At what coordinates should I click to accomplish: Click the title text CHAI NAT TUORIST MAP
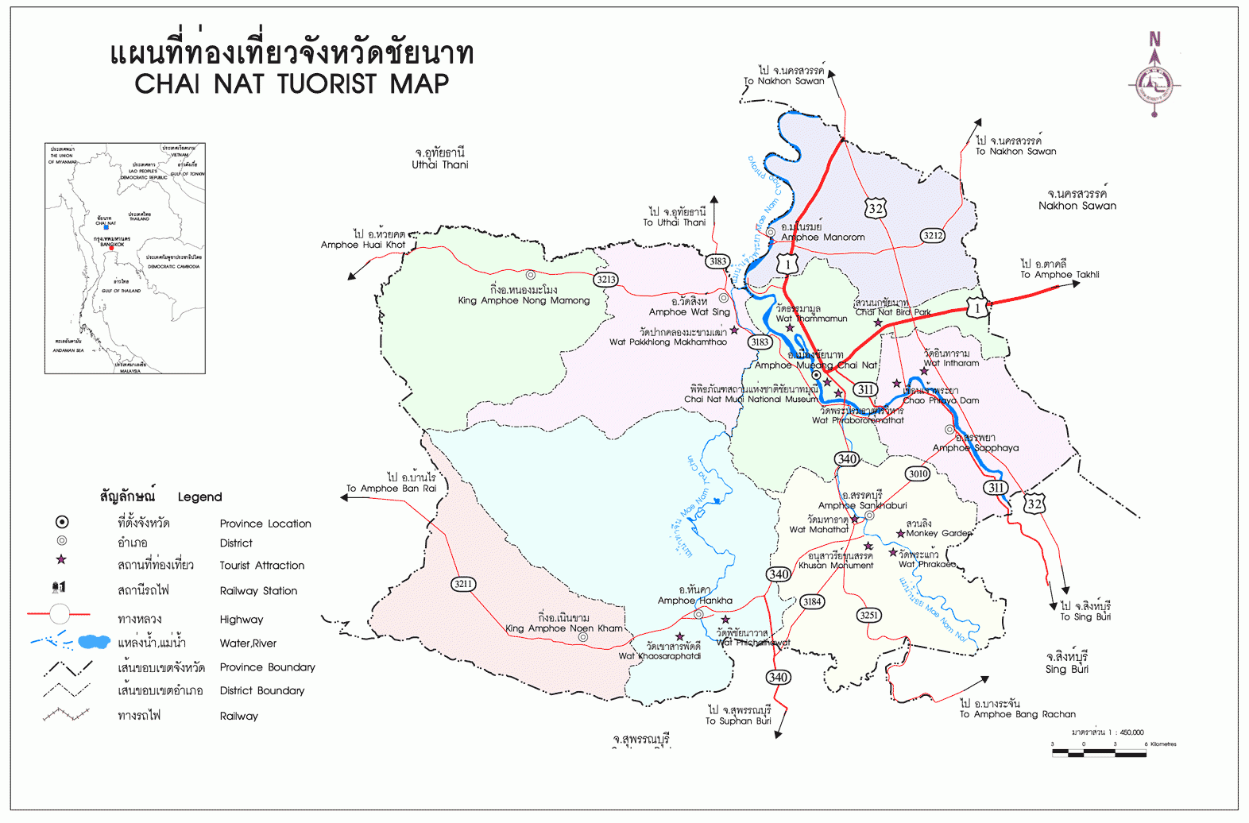coord(292,83)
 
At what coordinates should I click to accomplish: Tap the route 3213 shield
coord(606,279)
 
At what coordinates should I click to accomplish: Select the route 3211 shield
coord(463,584)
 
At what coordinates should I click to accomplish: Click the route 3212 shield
coord(933,235)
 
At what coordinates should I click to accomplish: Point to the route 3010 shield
coord(918,473)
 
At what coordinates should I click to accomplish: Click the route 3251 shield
coord(869,615)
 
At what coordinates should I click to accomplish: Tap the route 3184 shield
coord(811,601)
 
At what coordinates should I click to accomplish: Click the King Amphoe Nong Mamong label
coord(524,300)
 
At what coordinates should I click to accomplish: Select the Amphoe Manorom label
coord(822,237)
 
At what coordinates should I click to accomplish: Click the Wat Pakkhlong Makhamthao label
coord(667,342)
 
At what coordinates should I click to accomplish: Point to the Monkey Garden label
coord(938,533)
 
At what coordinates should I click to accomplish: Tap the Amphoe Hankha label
coord(694,601)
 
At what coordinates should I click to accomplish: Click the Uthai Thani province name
coord(439,164)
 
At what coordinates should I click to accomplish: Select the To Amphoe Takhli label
coord(1059,274)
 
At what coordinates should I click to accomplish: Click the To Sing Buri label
coord(1085,616)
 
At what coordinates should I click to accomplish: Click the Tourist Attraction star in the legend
coord(61,559)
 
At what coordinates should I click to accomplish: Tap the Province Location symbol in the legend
coord(61,522)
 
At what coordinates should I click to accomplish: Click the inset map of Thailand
coord(125,258)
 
